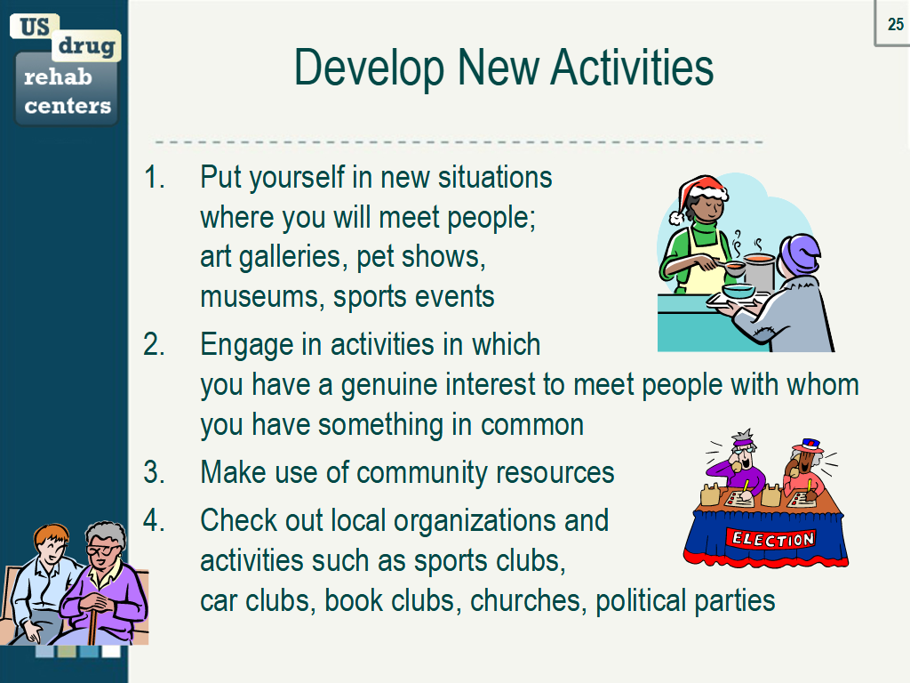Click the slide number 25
[x=895, y=24]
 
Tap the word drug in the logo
[x=87, y=45]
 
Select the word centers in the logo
[x=68, y=107]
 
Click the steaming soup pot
[x=758, y=270]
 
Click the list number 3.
[x=155, y=472]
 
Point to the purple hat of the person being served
[x=800, y=253]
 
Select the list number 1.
[x=155, y=177]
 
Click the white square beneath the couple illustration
[x=111, y=651]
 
